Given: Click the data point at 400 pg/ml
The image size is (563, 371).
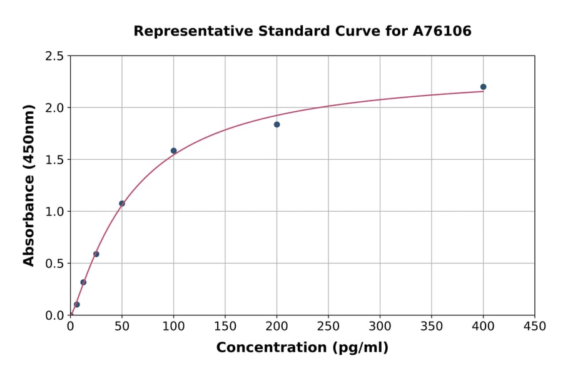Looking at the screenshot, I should click(483, 87).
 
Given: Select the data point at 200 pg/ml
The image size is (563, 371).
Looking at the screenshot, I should click(276, 124).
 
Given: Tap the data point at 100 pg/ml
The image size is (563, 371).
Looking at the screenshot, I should click(174, 151).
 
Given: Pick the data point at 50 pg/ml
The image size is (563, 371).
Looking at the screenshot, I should click(122, 204).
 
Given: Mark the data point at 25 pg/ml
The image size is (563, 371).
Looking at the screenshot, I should click(96, 254).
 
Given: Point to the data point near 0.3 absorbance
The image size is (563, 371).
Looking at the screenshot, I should click(83, 282).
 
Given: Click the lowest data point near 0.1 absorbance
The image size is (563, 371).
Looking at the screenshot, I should click(77, 305).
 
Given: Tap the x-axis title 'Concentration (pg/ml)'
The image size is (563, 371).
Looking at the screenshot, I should click(302, 348).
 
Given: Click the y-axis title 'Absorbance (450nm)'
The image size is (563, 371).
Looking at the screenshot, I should click(29, 185).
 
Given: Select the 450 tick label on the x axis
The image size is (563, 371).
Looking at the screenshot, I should click(534, 326).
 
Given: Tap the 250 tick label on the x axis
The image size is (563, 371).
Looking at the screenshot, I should click(328, 326).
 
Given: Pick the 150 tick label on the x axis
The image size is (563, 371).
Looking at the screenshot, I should click(225, 326).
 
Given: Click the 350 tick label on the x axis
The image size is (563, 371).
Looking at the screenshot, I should click(432, 326).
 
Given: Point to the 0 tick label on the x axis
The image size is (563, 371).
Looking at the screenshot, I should click(71, 326).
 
